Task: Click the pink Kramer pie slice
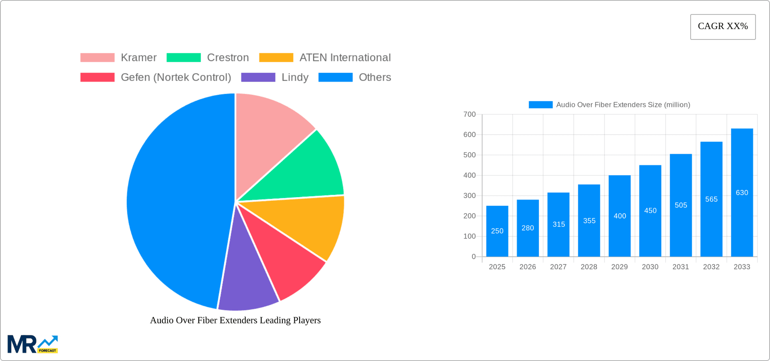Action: coord(269,132)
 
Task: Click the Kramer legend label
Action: coord(138,58)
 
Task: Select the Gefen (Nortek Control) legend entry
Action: coord(176,77)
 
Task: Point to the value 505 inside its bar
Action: coord(681,205)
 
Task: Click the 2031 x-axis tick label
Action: coord(681,267)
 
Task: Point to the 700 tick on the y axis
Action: coord(469,115)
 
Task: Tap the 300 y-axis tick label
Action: coord(469,196)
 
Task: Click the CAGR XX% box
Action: coord(723,26)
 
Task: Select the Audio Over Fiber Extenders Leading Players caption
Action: coord(235,320)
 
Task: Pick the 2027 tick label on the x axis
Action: coord(558,267)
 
